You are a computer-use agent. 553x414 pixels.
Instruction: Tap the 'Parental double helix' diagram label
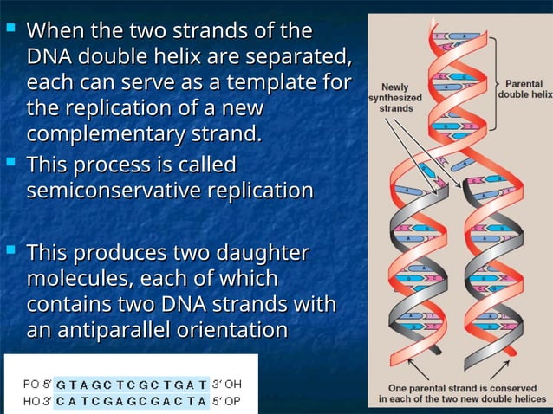point(524,88)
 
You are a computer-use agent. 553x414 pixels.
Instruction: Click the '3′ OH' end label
point(227,382)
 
